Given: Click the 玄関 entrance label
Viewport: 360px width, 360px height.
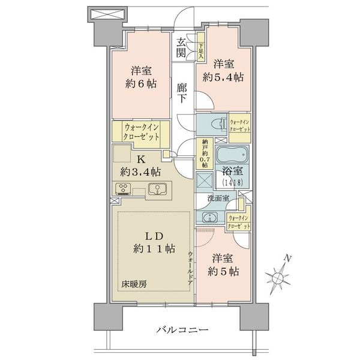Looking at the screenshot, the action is pyautogui.click(x=181, y=48).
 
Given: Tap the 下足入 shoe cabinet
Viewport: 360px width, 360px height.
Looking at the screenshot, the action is pyautogui.click(x=201, y=47).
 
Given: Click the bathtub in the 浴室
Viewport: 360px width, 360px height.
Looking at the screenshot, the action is pyautogui.click(x=232, y=154).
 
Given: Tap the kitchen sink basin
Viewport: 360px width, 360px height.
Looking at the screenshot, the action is pyautogui.click(x=157, y=189).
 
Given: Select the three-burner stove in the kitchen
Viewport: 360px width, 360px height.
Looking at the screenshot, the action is pyautogui.click(x=123, y=189).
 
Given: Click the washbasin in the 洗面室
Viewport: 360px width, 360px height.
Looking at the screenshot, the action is pyautogui.click(x=210, y=217).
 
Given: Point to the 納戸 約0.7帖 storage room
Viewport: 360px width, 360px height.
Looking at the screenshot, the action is pyautogui.click(x=205, y=154).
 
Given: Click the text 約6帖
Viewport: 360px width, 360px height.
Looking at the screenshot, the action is pyautogui.click(x=141, y=84).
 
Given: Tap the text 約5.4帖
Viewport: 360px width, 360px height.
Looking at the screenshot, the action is pyautogui.click(x=223, y=77).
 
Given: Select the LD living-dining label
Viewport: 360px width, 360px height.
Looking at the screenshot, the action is pyautogui.click(x=154, y=236).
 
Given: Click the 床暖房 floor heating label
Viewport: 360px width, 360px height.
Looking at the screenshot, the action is pyautogui.click(x=134, y=284).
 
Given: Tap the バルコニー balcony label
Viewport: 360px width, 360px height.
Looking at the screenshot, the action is pyautogui.click(x=182, y=330).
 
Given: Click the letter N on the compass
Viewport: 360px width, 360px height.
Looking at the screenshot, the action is pyautogui.click(x=287, y=258).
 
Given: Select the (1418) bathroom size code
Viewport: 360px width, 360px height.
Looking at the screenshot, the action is pyautogui.click(x=232, y=182).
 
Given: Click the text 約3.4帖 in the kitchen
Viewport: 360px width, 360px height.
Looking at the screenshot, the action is pyautogui.click(x=140, y=172).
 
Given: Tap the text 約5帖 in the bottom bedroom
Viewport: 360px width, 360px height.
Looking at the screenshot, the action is pyautogui.click(x=223, y=272).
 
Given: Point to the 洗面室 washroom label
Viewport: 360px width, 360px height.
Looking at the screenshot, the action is pyautogui.click(x=218, y=199).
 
